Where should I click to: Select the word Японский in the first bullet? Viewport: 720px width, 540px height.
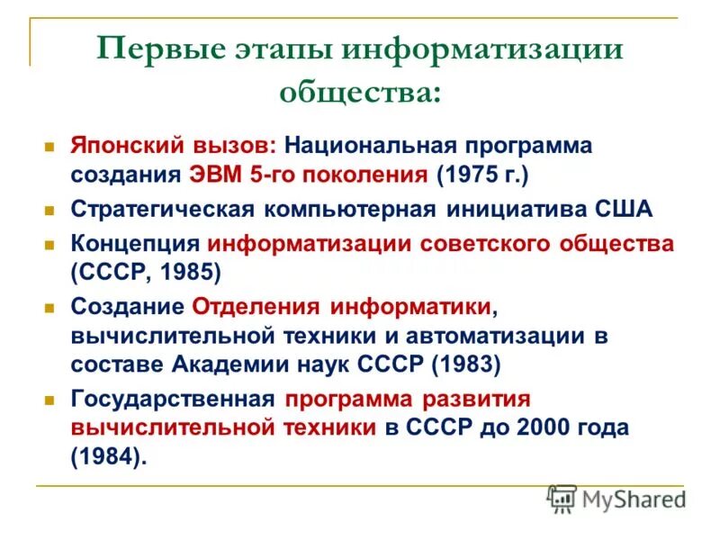point(126,146)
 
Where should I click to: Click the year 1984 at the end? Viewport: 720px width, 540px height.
point(106,456)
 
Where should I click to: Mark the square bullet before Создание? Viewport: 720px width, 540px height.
point(51,307)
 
